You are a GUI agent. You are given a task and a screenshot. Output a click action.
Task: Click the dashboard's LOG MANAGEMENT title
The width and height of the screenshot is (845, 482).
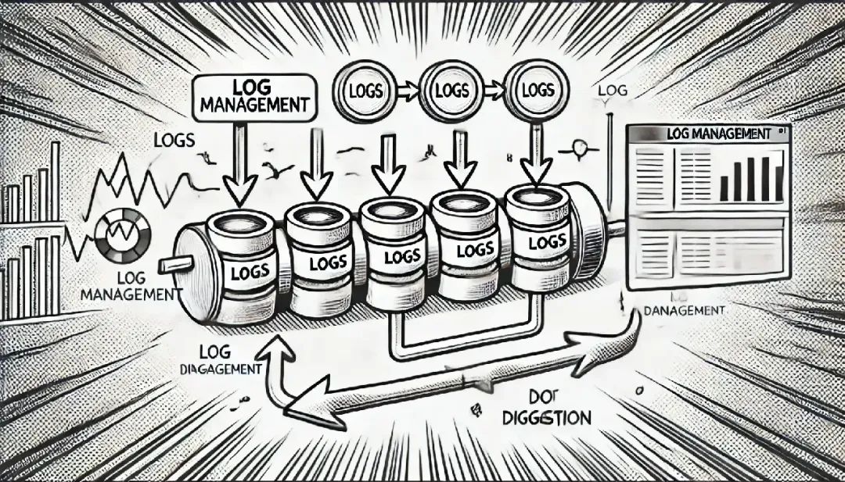tap(718, 134)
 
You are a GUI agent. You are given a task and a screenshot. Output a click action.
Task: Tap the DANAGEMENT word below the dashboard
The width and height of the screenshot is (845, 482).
tap(684, 311)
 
